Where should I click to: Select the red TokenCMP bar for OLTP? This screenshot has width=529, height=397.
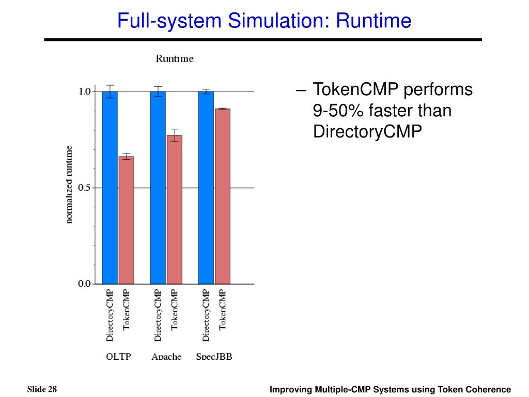127,220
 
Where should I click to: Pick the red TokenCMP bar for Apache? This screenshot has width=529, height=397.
175,209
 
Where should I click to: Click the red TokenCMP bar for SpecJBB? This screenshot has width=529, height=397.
223,196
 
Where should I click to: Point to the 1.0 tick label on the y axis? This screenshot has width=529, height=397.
84,91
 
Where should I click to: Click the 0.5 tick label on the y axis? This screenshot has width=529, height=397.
84,188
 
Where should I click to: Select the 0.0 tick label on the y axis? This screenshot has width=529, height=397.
84,283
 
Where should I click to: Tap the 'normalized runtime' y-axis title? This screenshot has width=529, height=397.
69,185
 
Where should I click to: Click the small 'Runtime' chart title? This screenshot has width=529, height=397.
175,59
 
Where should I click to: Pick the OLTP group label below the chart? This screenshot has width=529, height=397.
118,357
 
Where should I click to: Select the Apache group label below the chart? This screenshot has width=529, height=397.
166,357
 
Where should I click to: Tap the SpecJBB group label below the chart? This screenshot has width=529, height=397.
214,357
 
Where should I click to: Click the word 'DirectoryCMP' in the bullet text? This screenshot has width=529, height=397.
367,132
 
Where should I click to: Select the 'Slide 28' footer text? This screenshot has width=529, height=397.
42,389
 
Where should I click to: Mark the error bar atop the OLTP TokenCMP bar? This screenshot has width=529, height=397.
127,156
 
